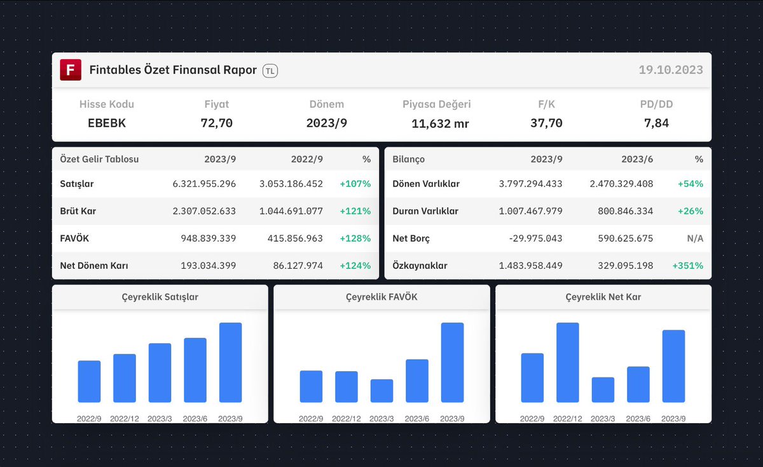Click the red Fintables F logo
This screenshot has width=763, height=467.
point(71,70)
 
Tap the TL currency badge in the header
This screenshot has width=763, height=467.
point(270,71)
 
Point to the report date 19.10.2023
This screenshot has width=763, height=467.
point(671,70)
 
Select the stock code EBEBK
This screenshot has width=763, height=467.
point(107,123)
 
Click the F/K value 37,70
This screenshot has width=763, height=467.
point(546,123)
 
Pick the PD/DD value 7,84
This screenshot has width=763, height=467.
point(656,123)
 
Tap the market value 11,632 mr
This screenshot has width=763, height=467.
point(440,124)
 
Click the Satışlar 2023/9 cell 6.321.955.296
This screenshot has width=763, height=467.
point(204,184)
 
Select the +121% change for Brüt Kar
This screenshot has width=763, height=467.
point(355,212)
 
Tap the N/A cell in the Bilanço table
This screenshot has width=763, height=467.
point(694,239)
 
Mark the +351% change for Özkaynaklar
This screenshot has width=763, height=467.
point(687,266)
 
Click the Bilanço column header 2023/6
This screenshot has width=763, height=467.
point(638,159)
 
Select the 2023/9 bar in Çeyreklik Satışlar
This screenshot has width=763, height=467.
point(230,362)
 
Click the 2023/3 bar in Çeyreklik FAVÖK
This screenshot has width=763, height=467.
point(381,391)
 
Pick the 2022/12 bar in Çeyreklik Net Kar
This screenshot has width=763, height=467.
point(568,362)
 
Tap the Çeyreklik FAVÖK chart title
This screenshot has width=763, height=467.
point(381,297)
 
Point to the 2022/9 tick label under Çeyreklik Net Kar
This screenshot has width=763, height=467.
point(533,419)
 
